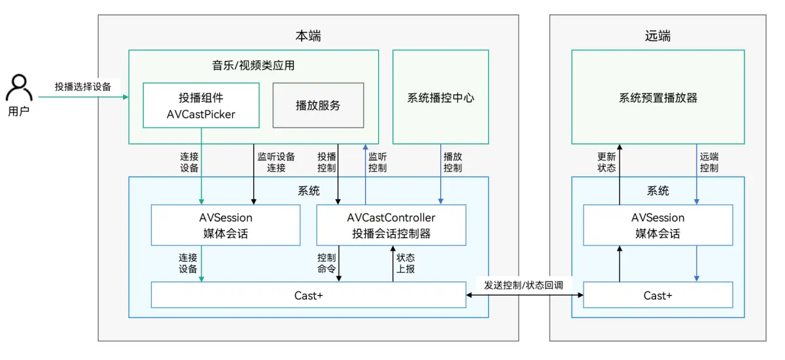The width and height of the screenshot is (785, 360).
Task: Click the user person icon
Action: pyautogui.click(x=19, y=88)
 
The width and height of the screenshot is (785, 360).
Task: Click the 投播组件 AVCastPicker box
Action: pyautogui.click(x=201, y=105)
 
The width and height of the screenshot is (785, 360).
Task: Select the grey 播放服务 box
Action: pyautogui.click(x=318, y=105)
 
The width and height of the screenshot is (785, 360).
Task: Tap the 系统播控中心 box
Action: pyautogui.click(x=440, y=98)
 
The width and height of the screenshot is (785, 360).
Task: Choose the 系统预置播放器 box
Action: pyautogui.click(x=657, y=98)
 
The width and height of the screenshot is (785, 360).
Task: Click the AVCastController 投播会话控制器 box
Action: pyautogui.click(x=391, y=225)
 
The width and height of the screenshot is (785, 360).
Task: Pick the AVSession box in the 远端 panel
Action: pyautogui.click(x=657, y=225)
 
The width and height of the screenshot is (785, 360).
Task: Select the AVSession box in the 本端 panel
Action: pyautogui.click(x=226, y=225)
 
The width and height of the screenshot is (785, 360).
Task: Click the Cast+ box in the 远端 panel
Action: pyautogui.click(x=657, y=295)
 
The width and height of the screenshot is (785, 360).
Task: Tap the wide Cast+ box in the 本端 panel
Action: pyautogui.click(x=308, y=295)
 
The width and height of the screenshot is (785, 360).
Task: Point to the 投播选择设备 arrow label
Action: pyautogui.click(x=83, y=86)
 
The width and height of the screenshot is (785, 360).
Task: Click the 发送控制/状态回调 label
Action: pyautogui.click(x=523, y=286)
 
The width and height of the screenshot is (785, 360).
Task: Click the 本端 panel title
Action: pyautogui.click(x=308, y=36)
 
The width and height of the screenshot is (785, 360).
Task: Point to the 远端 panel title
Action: pyautogui.click(x=657, y=36)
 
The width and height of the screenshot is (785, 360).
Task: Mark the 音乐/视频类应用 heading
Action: pyautogui.click(x=253, y=65)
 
